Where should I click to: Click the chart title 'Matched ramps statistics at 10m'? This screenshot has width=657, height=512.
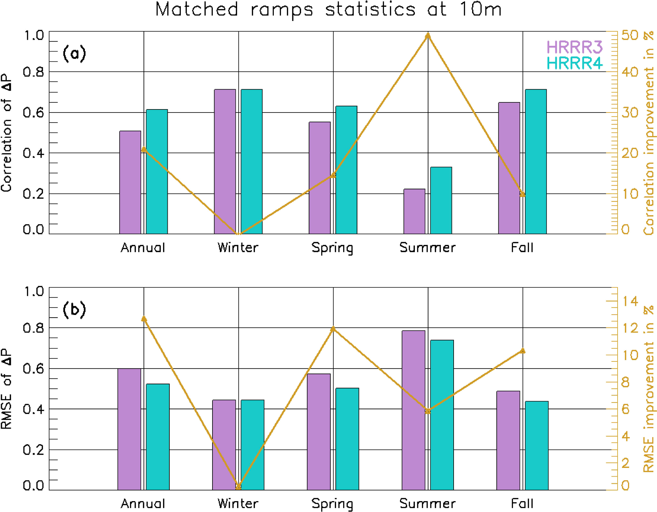328,9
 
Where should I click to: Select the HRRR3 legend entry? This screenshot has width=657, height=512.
574,47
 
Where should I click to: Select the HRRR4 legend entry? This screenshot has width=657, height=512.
574,63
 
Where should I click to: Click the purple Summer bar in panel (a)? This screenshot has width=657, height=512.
414,211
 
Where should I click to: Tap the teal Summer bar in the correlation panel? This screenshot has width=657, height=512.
441,200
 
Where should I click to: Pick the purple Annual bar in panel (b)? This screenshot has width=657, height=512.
129,429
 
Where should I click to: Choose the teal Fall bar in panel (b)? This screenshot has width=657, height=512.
536,445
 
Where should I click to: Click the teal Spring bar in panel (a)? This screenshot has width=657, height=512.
346,170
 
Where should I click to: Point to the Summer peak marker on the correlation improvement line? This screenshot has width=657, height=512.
428,35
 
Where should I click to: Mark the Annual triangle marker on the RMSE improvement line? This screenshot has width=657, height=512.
144,319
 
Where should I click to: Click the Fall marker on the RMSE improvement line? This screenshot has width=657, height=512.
522,351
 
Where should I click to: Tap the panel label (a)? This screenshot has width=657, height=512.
74,54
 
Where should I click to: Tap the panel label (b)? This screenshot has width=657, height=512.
74,310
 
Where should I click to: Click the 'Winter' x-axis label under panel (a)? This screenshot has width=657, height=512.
238,248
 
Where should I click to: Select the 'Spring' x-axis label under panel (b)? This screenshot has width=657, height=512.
332,504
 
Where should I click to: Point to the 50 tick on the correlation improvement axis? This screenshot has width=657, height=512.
629,35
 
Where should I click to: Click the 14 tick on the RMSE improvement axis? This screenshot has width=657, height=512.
629,301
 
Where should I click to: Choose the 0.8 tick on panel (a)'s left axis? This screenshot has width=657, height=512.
33,72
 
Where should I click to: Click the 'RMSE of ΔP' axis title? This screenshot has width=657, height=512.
7,389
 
